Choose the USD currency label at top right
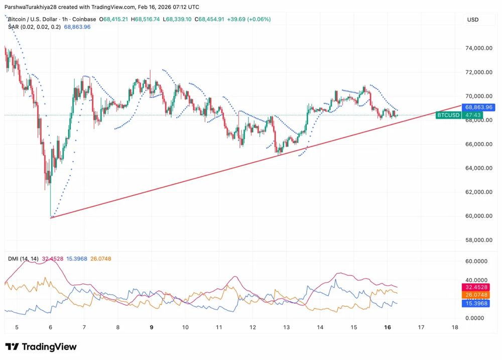472,20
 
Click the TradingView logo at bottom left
41,347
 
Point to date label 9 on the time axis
152,327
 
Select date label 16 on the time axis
387,327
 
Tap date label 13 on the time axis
286,327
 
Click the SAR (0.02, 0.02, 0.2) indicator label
34,27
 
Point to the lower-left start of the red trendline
51,217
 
